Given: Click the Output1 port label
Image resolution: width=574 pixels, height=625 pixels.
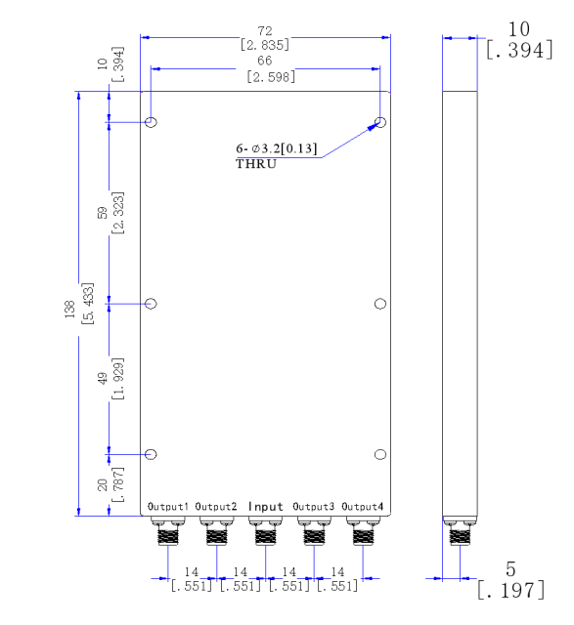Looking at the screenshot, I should pos(168,507).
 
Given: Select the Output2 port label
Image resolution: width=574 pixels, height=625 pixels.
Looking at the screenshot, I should pos(216,507).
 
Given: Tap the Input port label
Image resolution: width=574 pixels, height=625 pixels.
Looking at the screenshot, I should pos(265,507).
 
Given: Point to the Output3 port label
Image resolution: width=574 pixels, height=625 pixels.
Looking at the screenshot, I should pos(313,507).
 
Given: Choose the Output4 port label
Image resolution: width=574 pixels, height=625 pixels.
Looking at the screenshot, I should pos(362,507).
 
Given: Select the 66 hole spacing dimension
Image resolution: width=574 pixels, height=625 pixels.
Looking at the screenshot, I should pos(265,62).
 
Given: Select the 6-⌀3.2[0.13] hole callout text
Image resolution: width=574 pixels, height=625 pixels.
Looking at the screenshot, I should pos(277,148).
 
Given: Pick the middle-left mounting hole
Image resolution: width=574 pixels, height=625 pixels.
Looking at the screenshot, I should pos(152,304).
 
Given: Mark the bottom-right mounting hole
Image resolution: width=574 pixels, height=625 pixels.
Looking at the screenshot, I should pos(380,455).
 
